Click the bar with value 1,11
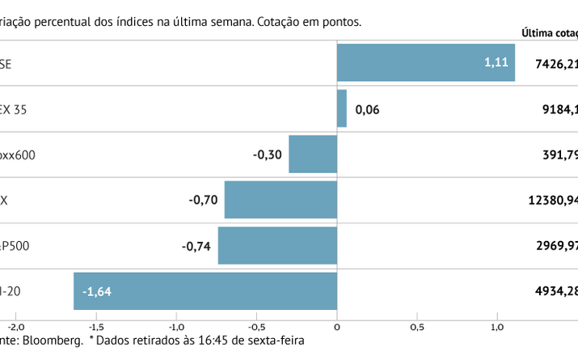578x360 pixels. click(x=425, y=63)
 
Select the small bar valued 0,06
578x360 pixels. click(x=342, y=108)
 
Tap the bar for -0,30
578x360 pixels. click(x=313, y=155)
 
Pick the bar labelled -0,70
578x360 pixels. click(x=281, y=200)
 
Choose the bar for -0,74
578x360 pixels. click(x=277, y=246)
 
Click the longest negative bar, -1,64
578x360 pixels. click(x=205, y=291)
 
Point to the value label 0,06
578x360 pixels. click(x=367, y=109)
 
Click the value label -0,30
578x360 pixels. click(x=267, y=155)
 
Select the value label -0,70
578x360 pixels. click(x=202, y=200)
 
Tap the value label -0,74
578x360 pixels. click(x=196, y=246)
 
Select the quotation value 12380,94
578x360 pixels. click(x=553, y=200)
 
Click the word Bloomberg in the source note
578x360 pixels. click(x=53, y=341)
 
